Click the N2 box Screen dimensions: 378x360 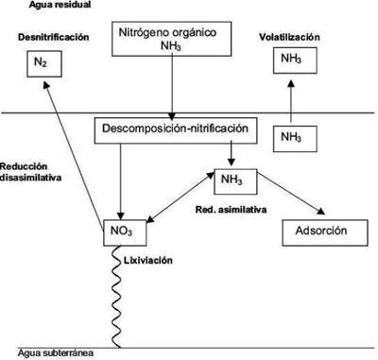[44, 64]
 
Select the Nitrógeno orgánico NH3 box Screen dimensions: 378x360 [172, 39]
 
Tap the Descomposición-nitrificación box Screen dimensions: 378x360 [176, 130]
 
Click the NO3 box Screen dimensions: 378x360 [125, 232]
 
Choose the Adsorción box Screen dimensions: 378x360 [325, 232]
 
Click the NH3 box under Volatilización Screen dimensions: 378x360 [295, 60]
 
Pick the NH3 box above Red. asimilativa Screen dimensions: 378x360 [235, 181]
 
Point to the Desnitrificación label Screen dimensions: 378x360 [54, 37]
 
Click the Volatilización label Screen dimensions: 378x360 [289, 37]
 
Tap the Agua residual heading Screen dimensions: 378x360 [60, 5]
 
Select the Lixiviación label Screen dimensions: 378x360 [148, 261]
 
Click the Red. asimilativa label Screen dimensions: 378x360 [231, 210]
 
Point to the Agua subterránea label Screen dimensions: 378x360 [56, 353]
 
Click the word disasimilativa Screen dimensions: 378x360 [31, 178]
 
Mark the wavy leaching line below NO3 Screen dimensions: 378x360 [116, 297]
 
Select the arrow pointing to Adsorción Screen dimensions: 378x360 [291, 194]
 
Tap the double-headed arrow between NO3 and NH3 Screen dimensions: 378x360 [180, 197]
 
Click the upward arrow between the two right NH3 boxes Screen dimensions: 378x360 [291, 101]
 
